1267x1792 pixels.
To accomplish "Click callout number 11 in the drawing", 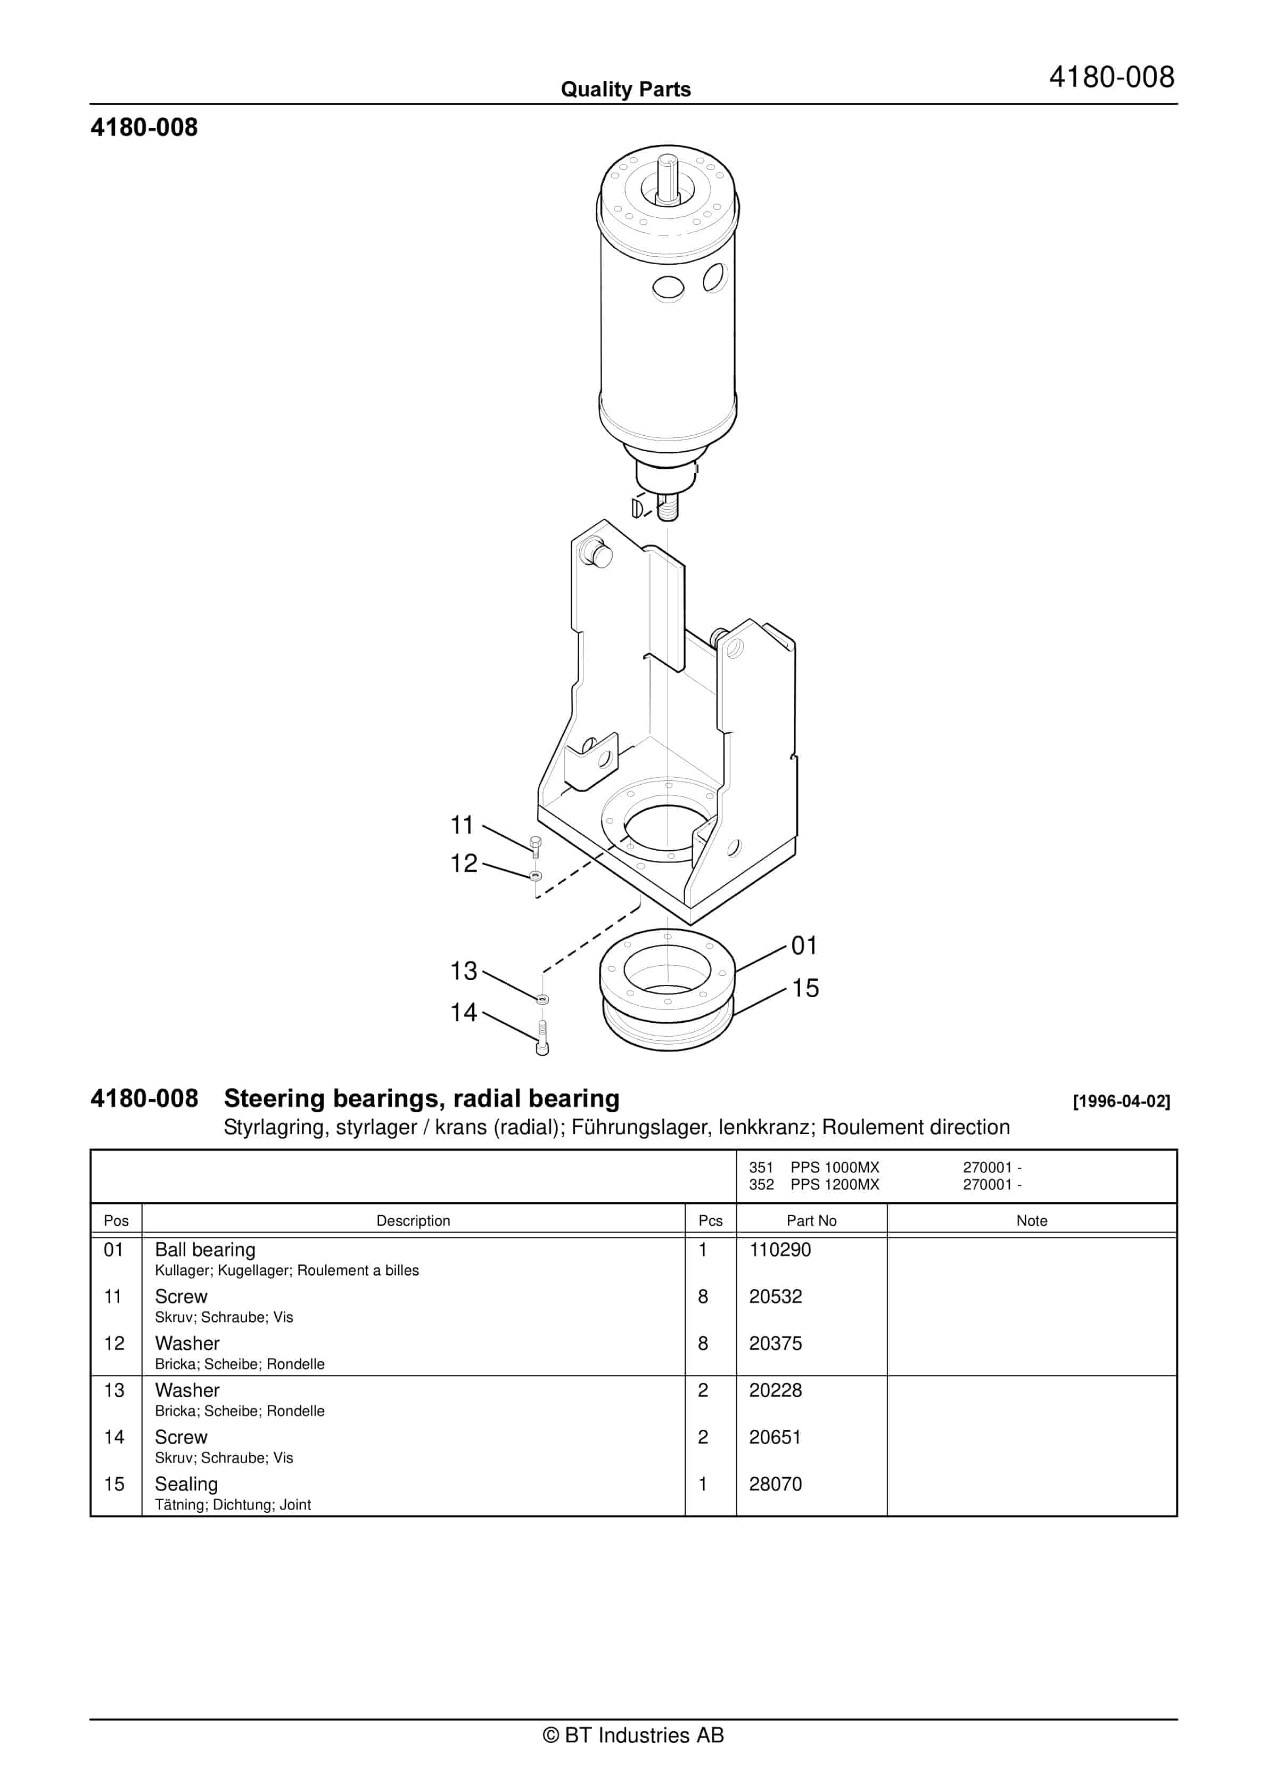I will point(462,825).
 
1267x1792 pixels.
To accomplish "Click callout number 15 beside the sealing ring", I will point(805,988).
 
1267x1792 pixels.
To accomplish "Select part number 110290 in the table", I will point(779,1250).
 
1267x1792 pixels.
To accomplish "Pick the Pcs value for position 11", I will point(703,1297).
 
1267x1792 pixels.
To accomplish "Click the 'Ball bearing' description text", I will point(205,1250).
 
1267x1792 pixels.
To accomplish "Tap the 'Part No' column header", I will point(811,1221).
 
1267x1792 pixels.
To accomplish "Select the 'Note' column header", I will point(1031,1221).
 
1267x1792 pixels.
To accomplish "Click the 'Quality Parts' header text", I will point(626,89).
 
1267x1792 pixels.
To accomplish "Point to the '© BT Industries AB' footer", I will point(633,1735).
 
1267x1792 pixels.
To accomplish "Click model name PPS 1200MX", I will point(834,1184).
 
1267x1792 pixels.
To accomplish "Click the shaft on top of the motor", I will point(667,176).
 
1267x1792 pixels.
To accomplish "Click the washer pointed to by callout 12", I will point(535,876).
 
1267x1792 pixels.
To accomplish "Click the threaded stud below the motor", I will point(668,508).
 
